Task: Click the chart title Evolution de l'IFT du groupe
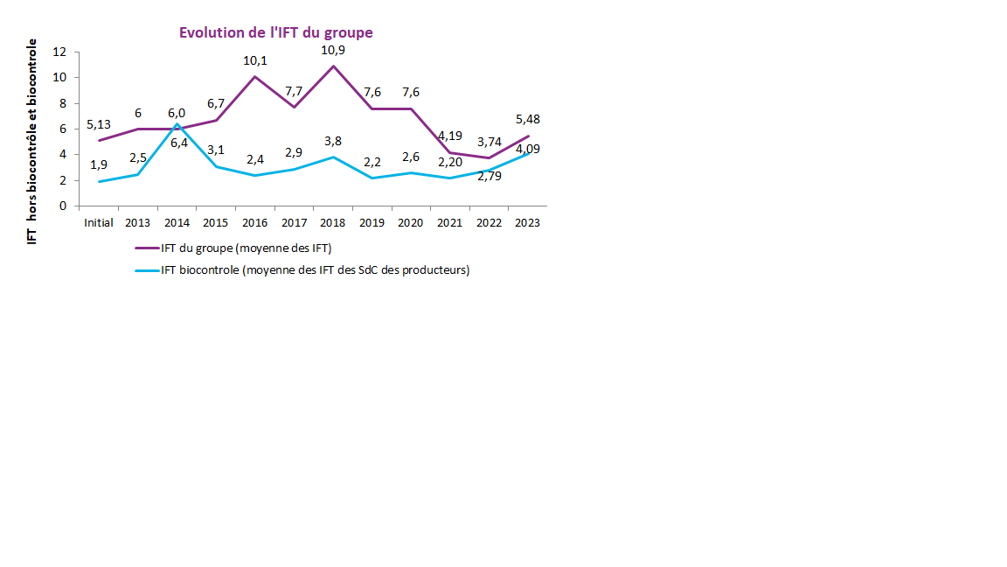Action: pyautogui.click(x=275, y=32)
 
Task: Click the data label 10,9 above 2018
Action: pyautogui.click(x=333, y=50)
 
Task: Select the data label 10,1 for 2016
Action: pyautogui.click(x=255, y=60)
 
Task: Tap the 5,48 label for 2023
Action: pyautogui.click(x=528, y=119)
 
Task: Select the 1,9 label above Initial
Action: pyautogui.click(x=99, y=164)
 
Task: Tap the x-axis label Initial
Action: pyautogui.click(x=99, y=222)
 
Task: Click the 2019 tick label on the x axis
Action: pyautogui.click(x=372, y=222)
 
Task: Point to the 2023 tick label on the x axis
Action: pyautogui.click(x=527, y=222)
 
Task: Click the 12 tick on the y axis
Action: pyautogui.click(x=60, y=52)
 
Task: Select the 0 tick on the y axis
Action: pyautogui.click(x=64, y=206)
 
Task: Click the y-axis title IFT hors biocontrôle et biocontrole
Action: pyautogui.click(x=32, y=141)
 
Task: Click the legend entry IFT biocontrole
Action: pyautogui.click(x=315, y=270)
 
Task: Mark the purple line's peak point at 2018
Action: pyautogui.click(x=333, y=66)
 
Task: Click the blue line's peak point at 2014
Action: pyautogui.click(x=177, y=124)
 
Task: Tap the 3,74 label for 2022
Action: pyautogui.click(x=489, y=142)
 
